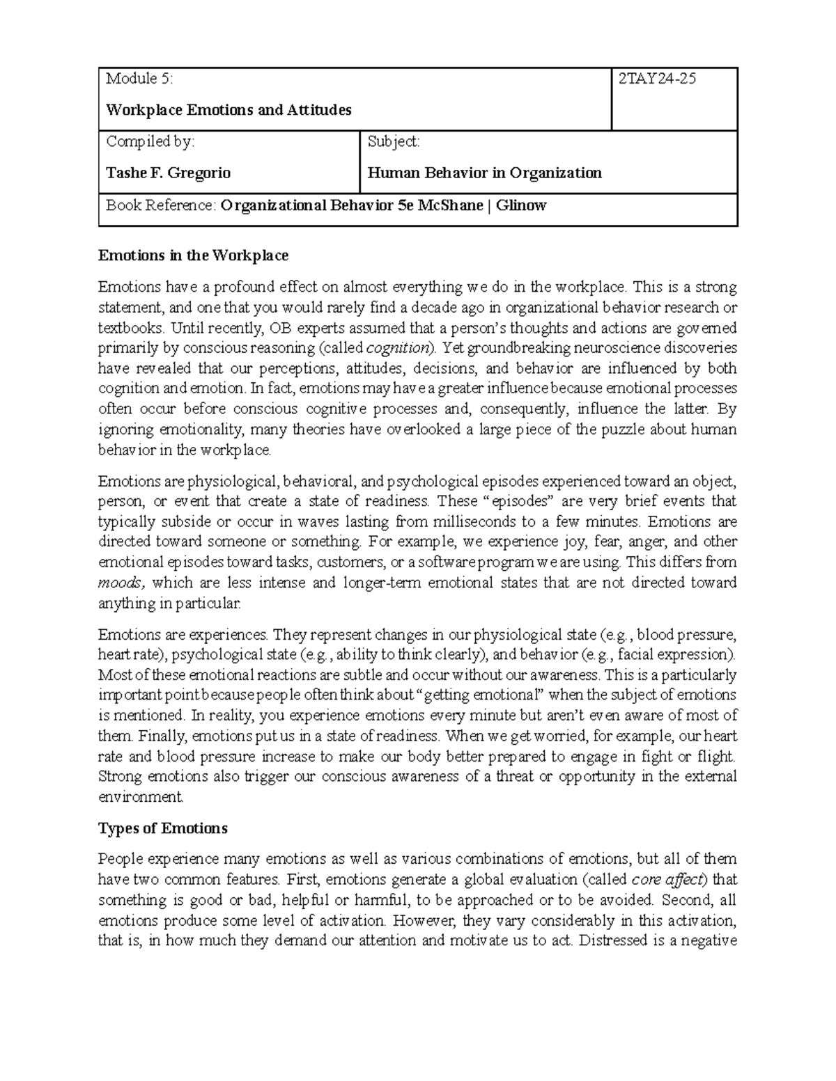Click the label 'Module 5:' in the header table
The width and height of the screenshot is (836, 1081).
point(139,79)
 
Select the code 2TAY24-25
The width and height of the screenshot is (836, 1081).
point(657,79)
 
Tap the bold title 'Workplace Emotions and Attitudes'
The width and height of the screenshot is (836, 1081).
point(229,110)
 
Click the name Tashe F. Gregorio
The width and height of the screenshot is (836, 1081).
point(168,173)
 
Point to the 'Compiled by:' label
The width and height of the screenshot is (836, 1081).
point(150,141)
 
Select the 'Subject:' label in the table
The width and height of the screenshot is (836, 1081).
point(394,141)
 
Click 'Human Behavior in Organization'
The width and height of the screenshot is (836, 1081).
point(484,173)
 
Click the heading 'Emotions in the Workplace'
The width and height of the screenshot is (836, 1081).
point(193,255)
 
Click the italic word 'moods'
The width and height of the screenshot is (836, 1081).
point(121,583)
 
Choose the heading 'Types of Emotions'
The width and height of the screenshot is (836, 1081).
point(163,828)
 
